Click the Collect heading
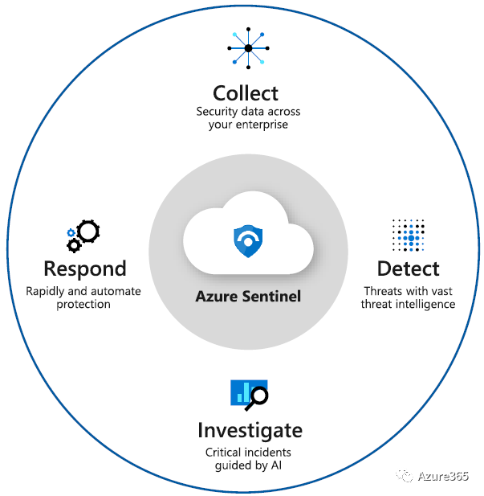tap(246, 92)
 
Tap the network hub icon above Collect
tap(248, 49)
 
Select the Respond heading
tap(84, 268)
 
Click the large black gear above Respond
tap(88, 232)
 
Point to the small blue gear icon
tap(71, 232)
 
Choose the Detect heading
tap(408, 268)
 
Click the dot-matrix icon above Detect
tap(409, 234)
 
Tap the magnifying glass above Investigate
tap(258, 396)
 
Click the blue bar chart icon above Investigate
tap(242, 392)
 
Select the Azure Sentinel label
tap(248, 296)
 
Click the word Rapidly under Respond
tap(47, 291)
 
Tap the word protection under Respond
tap(83, 305)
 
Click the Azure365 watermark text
tap(445, 477)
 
